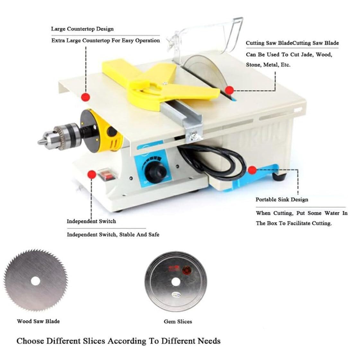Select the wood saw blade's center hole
point(35,281)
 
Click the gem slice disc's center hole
point(176,282)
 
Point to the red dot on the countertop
point(86,97)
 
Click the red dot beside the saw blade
point(229,90)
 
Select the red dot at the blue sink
point(252,170)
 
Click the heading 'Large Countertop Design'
point(82,29)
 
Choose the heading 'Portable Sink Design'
point(282,199)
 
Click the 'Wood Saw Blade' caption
point(38,321)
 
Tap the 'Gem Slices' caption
point(178,321)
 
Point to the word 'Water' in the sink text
point(332,213)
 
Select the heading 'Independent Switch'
point(92,221)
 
